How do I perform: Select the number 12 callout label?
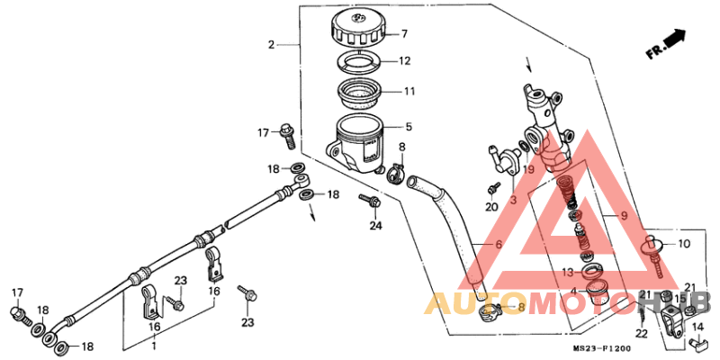click(x=404, y=62)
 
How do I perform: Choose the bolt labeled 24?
click(x=368, y=199)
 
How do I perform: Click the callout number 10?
click(x=683, y=244)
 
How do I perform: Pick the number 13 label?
click(x=568, y=272)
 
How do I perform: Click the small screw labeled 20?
click(x=494, y=188)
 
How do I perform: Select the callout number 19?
click(x=529, y=169)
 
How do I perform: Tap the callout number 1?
click(x=154, y=346)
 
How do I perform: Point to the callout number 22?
click(x=641, y=334)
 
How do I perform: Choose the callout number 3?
click(x=514, y=200)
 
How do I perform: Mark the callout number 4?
click(x=572, y=291)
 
